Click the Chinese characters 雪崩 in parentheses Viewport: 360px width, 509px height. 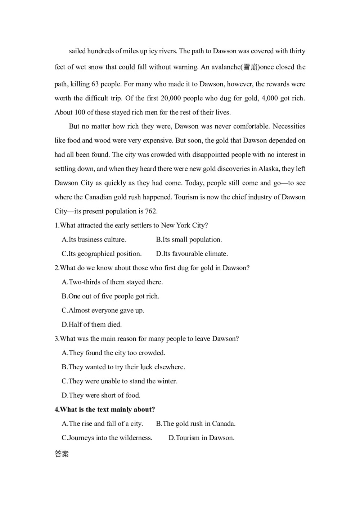(x=251, y=67)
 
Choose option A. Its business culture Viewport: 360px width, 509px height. (x=94, y=240)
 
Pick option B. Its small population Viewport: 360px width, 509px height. (x=189, y=240)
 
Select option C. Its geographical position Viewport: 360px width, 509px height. (x=102, y=254)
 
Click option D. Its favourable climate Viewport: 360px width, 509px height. (x=192, y=254)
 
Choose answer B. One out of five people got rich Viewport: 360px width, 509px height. (x=111, y=296)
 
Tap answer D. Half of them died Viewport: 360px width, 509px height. (x=92, y=324)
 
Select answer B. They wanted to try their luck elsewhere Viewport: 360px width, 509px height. (x=123, y=367)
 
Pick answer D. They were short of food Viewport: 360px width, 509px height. (x=101, y=395)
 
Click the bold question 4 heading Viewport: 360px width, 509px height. (x=105, y=409)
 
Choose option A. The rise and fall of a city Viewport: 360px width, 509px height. (x=102, y=424)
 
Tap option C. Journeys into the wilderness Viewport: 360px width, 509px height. (x=107, y=438)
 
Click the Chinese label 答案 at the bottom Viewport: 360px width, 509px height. (x=62, y=454)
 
